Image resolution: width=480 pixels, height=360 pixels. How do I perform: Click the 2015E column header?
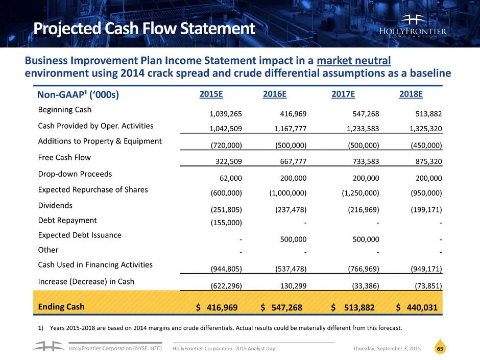(x=211, y=94)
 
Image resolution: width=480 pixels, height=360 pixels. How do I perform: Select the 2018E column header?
(x=411, y=94)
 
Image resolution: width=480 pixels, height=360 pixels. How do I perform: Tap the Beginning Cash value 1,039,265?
(x=223, y=114)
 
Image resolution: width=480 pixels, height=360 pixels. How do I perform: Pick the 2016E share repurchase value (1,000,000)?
(x=287, y=194)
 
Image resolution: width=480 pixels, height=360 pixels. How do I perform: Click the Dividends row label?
(x=55, y=205)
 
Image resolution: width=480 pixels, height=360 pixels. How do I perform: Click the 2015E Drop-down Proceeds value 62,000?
(x=230, y=178)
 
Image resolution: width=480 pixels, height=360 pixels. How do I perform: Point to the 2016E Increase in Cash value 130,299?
(x=293, y=286)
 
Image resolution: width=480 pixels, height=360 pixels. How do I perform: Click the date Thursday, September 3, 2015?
(x=387, y=348)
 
